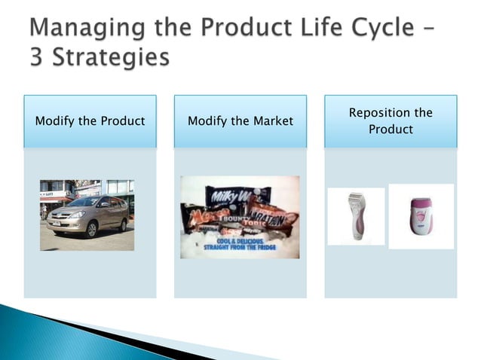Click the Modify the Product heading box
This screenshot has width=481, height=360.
[90, 121]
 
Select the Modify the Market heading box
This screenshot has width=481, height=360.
[240, 121]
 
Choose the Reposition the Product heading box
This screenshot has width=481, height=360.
[391, 121]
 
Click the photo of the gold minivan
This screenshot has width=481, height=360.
[87, 215]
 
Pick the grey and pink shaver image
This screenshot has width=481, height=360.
[356, 216]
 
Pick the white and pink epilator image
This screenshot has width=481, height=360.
[421, 216]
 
